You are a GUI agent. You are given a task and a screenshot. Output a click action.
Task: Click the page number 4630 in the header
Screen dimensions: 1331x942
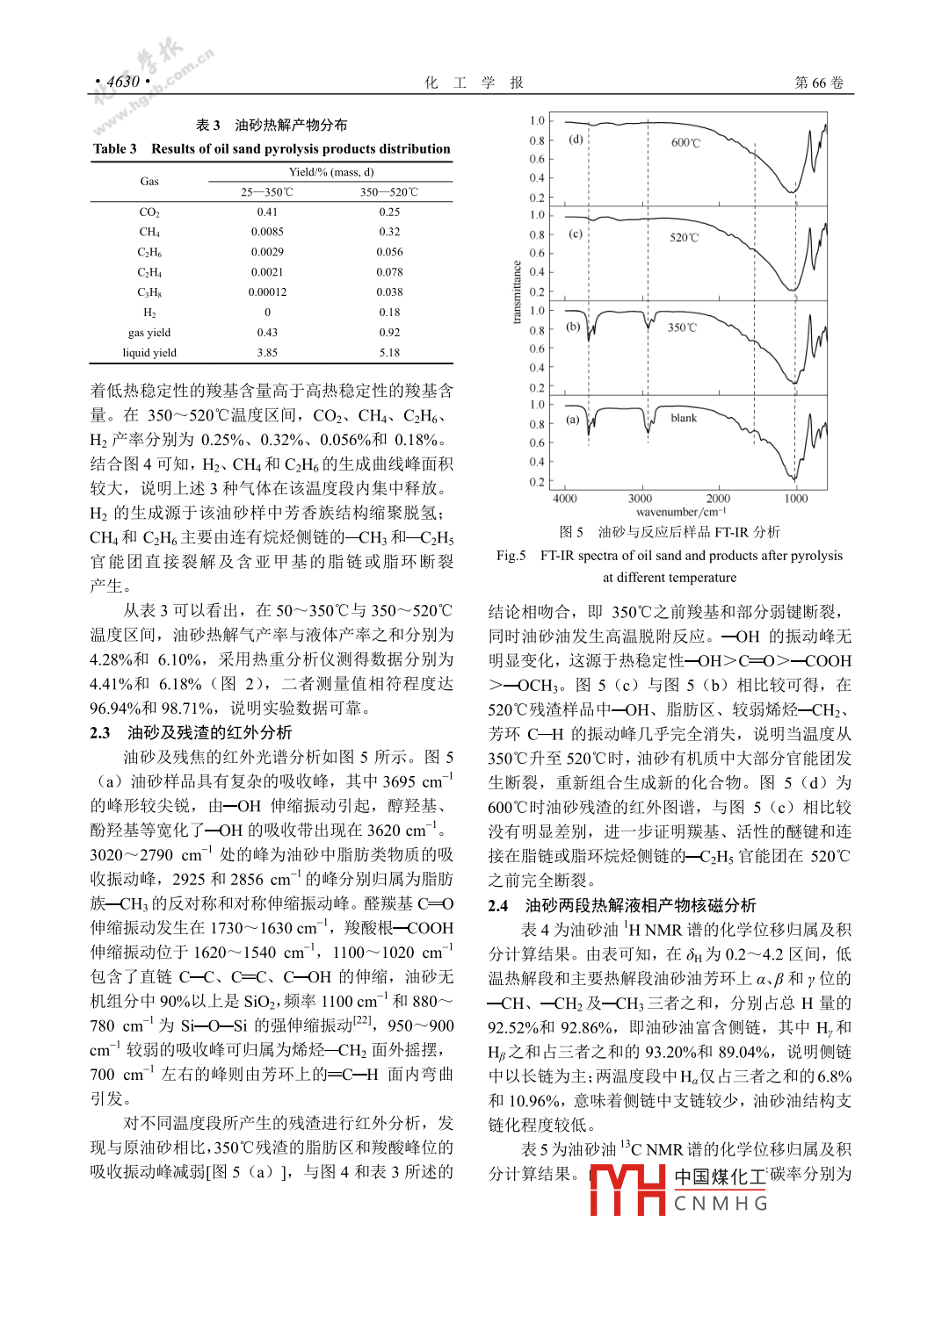coord(123,82)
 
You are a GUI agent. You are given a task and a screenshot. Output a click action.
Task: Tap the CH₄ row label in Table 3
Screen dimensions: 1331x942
coord(149,232)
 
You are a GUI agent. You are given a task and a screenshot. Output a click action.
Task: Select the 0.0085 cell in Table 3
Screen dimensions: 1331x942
coord(267,232)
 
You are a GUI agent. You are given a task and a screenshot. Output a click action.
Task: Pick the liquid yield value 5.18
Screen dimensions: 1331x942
coord(389,353)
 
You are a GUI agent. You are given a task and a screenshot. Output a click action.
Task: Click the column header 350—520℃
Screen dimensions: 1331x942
coord(389,191)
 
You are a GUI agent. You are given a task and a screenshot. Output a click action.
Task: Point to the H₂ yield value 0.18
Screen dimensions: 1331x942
coord(389,313)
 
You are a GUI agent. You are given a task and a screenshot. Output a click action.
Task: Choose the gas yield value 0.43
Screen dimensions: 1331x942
coord(267,333)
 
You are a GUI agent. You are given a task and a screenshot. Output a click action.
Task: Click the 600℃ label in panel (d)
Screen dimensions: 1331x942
coord(685,142)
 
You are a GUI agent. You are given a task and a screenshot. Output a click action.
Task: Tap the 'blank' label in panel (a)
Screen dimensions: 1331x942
coord(684,418)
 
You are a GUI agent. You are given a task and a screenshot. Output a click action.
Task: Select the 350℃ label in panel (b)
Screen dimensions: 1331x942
coord(682,327)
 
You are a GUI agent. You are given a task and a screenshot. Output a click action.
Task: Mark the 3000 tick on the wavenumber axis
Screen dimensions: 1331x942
coord(641,499)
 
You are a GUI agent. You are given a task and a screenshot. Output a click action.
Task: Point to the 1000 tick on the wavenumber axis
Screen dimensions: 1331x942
coord(796,499)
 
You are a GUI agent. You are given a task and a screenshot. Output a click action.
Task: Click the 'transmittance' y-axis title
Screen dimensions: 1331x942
coord(517,292)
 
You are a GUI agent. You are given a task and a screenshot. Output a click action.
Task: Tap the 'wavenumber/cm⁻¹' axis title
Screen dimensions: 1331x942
coord(681,512)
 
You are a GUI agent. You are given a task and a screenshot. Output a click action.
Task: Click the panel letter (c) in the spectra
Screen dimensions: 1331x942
coord(576,234)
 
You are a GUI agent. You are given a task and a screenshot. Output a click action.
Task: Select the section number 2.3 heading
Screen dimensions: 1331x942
coord(100,733)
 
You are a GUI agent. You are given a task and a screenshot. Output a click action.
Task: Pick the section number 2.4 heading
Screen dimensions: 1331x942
coord(498,905)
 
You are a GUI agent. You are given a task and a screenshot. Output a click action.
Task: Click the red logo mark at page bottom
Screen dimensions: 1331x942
coord(627,1190)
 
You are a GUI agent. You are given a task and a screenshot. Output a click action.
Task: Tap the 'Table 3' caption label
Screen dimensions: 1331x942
coord(115,148)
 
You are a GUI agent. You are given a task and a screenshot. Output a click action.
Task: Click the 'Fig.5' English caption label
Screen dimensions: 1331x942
coord(511,555)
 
